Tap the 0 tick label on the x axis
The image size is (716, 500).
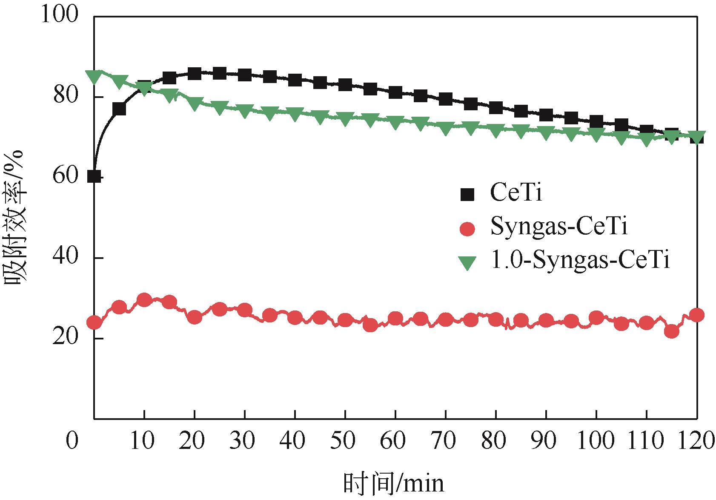tap(72, 440)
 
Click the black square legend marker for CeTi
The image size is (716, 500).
tap(467, 195)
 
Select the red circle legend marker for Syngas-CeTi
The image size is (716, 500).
tap(467, 228)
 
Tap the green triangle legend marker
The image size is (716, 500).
tap(467, 262)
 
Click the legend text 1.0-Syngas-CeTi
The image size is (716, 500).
tap(580, 261)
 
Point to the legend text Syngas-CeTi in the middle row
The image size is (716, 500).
tap(559, 227)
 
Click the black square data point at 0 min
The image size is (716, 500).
tap(94, 176)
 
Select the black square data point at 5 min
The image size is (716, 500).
tap(119, 109)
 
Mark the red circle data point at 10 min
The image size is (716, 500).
tap(144, 300)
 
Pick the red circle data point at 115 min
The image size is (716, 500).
tap(672, 331)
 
